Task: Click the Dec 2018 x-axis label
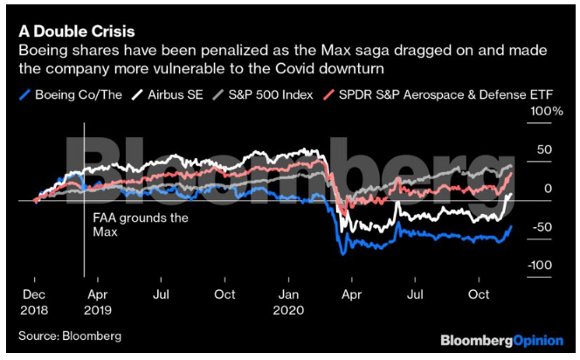(x=34, y=303)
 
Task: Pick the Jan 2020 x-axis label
(x=291, y=303)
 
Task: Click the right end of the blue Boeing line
(x=511, y=226)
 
